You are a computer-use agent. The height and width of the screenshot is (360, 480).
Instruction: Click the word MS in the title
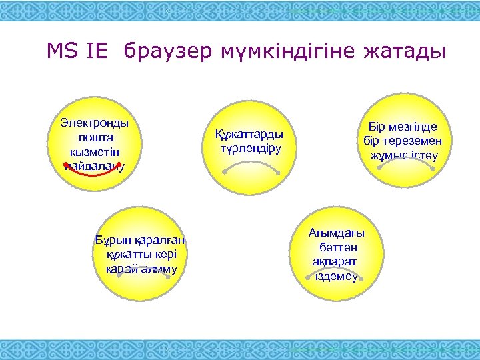click(x=62, y=51)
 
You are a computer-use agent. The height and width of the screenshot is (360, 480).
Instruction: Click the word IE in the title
click(x=95, y=51)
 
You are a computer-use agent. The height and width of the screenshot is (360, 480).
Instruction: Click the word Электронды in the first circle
click(x=94, y=123)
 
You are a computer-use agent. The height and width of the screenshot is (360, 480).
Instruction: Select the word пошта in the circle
click(x=95, y=137)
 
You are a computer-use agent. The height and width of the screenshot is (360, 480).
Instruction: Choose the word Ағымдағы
click(x=337, y=233)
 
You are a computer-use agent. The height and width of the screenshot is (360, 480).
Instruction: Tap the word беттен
click(x=337, y=247)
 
